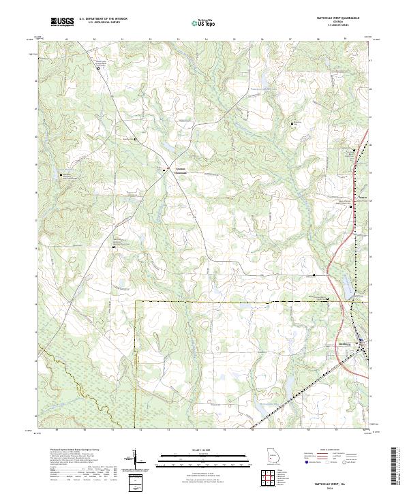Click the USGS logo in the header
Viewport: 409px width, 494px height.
62,22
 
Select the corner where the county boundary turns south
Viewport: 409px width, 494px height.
136,300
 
